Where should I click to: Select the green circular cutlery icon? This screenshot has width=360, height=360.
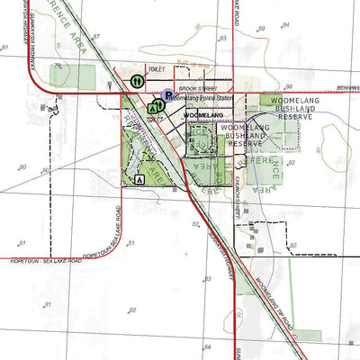[x=138, y=81]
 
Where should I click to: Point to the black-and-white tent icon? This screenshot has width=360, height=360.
[x=139, y=179]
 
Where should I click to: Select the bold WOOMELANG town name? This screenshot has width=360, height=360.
[x=202, y=116]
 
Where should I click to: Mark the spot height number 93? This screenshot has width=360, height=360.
[x=222, y=39]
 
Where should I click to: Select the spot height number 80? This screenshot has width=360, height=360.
[x=22, y=167]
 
